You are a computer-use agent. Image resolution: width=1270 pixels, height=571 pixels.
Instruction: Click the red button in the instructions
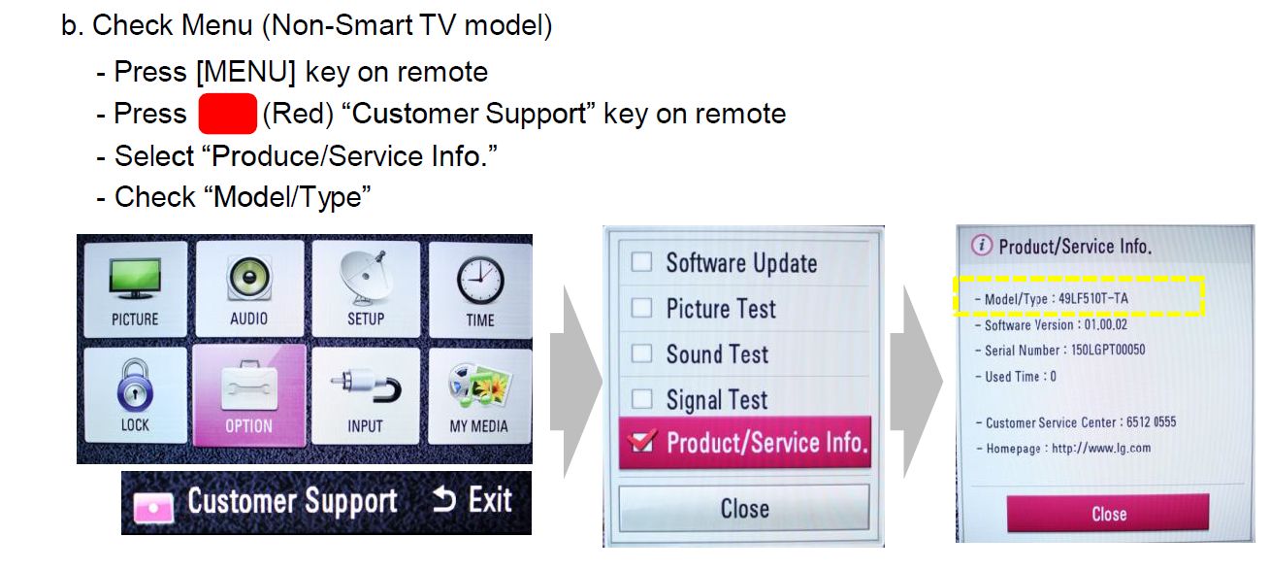(227, 114)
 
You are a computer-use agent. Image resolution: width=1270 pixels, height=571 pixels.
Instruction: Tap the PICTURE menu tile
(135, 289)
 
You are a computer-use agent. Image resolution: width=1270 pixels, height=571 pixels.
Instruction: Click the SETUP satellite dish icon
(366, 278)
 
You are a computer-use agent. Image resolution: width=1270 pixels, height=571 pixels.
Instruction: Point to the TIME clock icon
(480, 281)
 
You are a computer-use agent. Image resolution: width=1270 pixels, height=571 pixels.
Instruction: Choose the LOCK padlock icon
(135, 385)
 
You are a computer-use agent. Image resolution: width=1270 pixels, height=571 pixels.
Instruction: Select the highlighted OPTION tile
(249, 395)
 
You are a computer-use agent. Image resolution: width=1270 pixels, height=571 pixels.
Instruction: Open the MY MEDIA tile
(479, 395)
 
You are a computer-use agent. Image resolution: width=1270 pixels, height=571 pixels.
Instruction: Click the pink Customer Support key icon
(153, 506)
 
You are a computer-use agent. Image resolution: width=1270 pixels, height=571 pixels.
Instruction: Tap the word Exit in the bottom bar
(490, 500)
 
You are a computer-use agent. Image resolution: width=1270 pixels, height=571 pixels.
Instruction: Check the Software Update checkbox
(641, 261)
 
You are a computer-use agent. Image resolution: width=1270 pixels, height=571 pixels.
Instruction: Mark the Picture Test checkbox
(641, 308)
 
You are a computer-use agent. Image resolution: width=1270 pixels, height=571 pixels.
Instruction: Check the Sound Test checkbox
(641, 353)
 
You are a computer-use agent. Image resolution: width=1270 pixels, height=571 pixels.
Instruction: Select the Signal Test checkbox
(641, 398)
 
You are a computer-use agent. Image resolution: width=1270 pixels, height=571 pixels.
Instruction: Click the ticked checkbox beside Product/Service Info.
(642, 441)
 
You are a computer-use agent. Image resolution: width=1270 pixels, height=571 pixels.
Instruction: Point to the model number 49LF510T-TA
(1093, 298)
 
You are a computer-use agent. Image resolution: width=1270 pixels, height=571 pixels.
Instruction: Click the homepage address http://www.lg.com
(1101, 449)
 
